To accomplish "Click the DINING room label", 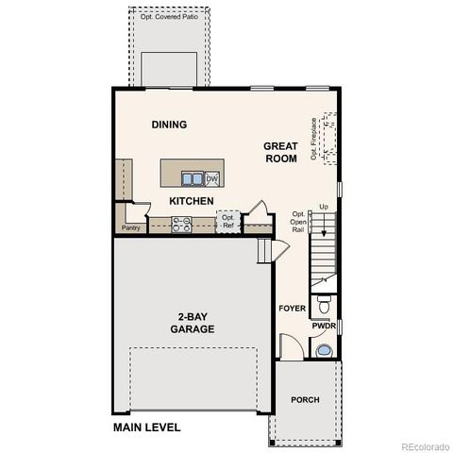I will (169, 125).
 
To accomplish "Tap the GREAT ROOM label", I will (280, 153).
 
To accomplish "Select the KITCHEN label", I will (191, 201).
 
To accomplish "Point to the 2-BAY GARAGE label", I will (192, 323).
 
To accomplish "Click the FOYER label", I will (290, 309).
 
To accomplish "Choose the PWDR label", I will (324, 327).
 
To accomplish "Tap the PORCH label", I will (304, 399).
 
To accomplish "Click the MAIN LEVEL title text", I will (146, 428).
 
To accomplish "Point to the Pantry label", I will (131, 227).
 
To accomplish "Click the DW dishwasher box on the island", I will (212, 178).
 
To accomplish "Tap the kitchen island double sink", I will (191, 177).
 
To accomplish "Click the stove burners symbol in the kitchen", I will (181, 224).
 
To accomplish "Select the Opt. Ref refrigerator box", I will (227, 222).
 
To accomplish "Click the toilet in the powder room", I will (324, 305).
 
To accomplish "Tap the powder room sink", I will (324, 350).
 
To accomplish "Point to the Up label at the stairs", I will (324, 207).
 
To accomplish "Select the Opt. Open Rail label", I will (298, 222).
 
